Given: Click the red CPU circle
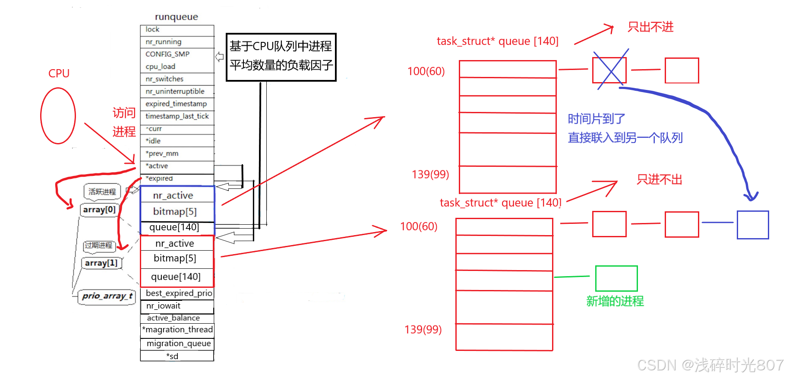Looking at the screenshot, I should point(58,116).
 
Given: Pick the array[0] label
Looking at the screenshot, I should point(99,210).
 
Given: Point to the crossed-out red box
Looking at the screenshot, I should point(609,70).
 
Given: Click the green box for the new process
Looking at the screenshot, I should point(616,278).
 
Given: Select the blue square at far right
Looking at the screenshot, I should point(752,225).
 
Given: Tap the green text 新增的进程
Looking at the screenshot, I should point(615,301).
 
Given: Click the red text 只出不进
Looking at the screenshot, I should point(650,27).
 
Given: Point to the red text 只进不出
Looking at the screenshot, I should point(659,180).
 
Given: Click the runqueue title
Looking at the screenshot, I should point(177,17).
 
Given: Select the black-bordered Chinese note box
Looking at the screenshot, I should point(281,57).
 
